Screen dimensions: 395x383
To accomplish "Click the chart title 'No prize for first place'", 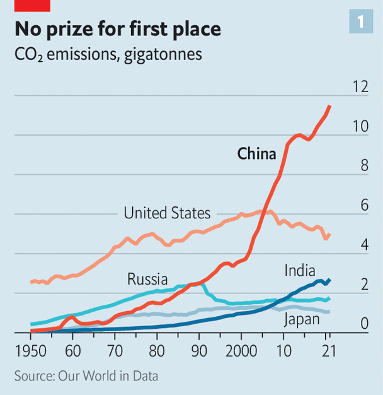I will (118, 29).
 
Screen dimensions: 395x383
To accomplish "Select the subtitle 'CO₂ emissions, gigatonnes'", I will (108, 54).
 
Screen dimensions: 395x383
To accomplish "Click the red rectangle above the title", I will (32, 6).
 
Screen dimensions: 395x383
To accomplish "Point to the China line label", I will (256, 153).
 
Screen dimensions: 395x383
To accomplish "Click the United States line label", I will (167, 213).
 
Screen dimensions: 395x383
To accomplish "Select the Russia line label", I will (147, 278).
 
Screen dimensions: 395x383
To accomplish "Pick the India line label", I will (300, 271).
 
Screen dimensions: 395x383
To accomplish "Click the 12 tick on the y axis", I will (360, 87).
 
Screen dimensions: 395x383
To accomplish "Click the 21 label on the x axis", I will (327, 350).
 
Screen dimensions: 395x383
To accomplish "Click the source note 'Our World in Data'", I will (108, 376).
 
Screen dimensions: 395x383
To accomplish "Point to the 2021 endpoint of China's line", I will (329, 107).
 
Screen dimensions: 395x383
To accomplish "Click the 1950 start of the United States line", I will (31, 282).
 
